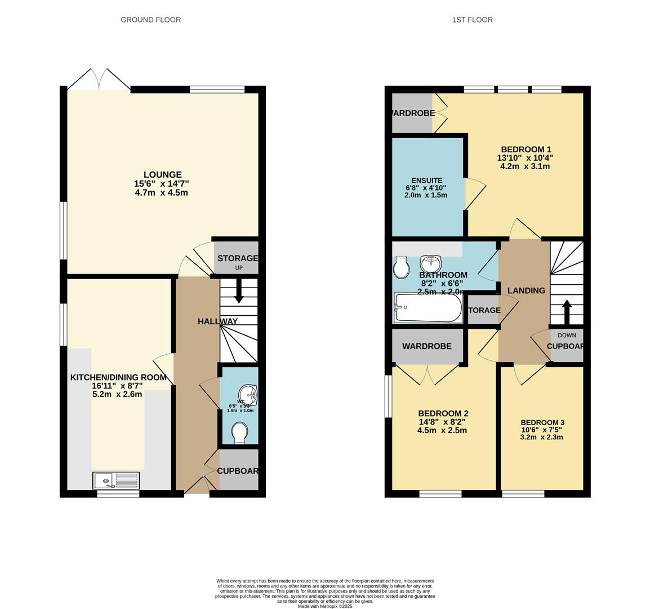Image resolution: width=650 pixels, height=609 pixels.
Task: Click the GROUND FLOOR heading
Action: (150, 20)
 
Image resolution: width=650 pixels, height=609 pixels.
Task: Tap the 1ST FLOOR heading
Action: (472, 20)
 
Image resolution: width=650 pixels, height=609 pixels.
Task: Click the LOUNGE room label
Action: (162, 175)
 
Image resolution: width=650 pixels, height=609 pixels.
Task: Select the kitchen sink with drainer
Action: (116, 480)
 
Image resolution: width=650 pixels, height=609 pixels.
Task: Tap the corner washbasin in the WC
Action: (248, 395)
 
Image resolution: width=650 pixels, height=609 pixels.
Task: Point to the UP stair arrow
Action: (239, 293)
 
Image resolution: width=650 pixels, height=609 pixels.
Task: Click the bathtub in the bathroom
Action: (428, 307)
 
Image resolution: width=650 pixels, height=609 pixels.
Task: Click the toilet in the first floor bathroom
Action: (401, 267)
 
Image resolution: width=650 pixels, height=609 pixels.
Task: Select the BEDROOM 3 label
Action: (542, 422)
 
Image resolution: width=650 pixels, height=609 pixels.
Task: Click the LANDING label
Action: (526, 290)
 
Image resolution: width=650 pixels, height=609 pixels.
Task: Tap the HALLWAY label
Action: (217, 321)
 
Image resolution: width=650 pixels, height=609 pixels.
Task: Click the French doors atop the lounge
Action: (99, 80)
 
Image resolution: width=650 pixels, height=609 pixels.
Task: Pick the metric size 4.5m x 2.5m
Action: (442, 430)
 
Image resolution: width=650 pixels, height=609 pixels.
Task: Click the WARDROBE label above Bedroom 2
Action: (426, 346)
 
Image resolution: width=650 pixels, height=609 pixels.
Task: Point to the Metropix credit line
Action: (325, 606)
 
